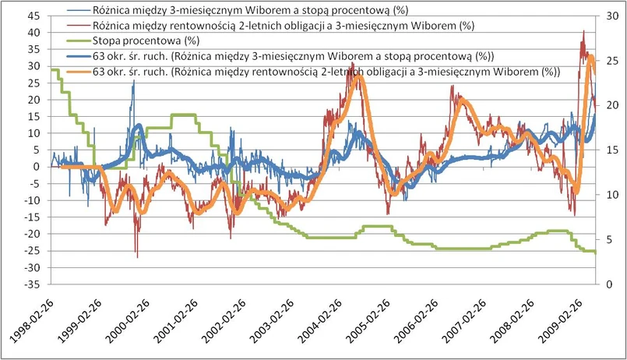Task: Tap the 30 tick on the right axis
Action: (610, 16)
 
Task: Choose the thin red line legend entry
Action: (280, 26)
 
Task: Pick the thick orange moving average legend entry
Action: (327, 70)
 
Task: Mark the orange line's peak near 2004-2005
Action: (358, 76)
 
